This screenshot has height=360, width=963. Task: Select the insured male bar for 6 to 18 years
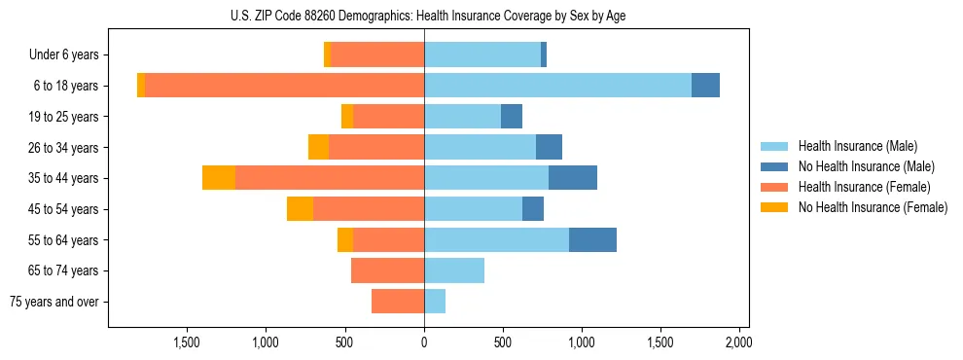pyautogui.click(x=557, y=86)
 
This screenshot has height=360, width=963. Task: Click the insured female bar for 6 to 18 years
pyautogui.click(x=284, y=86)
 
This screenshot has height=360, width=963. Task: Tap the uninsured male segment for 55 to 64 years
pyautogui.click(x=592, y=240)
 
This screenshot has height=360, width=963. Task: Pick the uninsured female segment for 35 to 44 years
pyautogui.click(x=219, y=178)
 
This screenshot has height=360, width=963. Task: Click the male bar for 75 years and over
pyautogui.click(x=435, y=302)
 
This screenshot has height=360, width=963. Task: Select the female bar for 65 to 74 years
pyautogui.click(x=387, y=270)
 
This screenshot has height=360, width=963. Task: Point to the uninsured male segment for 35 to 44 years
pyautogui.click(x=573, y=178)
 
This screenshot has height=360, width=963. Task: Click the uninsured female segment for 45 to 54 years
pyautogui.click(x=300, y=209)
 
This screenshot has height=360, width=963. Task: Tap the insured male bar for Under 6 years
pyautogui.click(x=482, y=54)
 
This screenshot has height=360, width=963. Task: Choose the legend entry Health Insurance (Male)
pyautogui.click(x=857, y=146)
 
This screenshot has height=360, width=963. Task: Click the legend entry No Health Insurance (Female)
pyautogui.click(x=873, y=207)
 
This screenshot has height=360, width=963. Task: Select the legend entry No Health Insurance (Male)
pyautogui.click(x=866, y=166)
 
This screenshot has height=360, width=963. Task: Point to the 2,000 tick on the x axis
pyautogui.click(x=738, y=342)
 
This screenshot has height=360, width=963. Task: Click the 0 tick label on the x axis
pyautogui.click(x=424, y=342)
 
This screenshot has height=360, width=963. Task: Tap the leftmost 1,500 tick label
pyautogui.click(x=187, y=342)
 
